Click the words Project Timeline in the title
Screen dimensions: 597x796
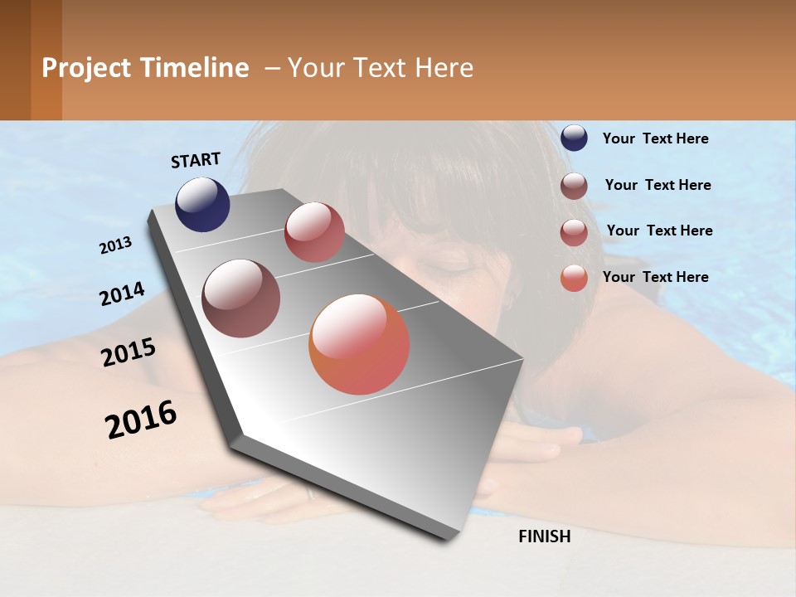point(145,68)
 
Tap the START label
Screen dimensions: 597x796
point(196,160)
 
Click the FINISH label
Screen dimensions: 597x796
point(544,536)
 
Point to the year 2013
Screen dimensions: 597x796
point(116,245)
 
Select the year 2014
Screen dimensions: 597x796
point(122,294)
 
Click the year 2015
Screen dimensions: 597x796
point(129,352)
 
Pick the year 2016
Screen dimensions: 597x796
point(141,420)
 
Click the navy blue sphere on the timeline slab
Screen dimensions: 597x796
point(202,205)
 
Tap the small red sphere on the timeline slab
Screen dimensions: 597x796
point(314,232)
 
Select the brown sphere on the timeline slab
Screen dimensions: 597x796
point(241,298)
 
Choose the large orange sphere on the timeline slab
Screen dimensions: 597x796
point(359,344)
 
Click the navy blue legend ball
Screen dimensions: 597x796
point(574,138)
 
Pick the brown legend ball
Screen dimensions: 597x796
point(574,186)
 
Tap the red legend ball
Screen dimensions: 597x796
point(574,232)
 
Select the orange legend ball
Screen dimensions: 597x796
point(574,279)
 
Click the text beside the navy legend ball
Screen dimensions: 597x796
point(655,138)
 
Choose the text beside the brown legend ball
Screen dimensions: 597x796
point(658,185)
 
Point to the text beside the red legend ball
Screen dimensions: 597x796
point(659,231)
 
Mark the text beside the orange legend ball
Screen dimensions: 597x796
point(655,277)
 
